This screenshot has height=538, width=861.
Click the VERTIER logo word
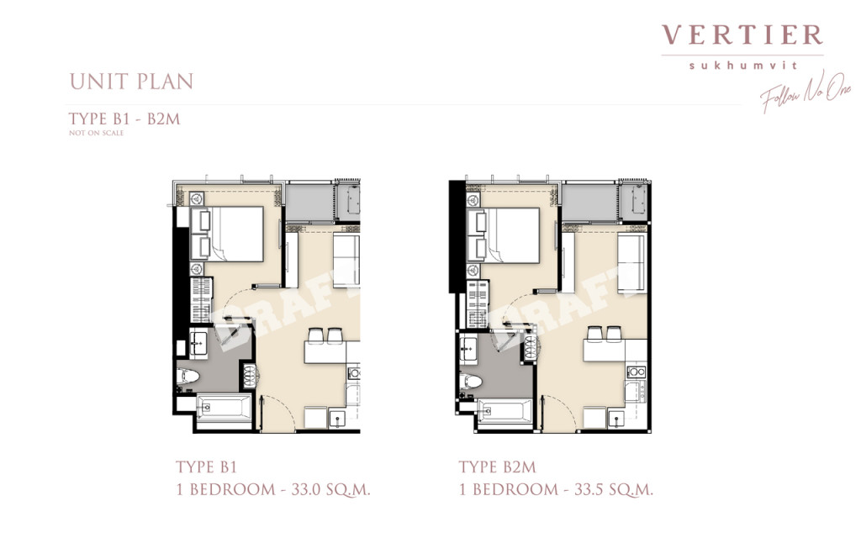(742, 35)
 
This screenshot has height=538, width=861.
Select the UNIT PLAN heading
(131, 82)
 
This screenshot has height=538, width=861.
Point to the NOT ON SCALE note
(96, 133)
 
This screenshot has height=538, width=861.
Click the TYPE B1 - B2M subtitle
(124, 119)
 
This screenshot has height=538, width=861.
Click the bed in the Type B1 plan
(237, 235)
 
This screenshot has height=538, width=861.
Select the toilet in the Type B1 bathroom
(187, 381)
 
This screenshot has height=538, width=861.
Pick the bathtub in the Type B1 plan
(224, 410)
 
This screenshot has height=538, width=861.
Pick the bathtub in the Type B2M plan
(504, 412)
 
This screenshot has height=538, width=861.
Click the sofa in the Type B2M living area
(631, 264)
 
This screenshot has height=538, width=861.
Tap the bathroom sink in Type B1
(198, 343)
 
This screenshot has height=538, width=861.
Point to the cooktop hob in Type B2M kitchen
(636, 371)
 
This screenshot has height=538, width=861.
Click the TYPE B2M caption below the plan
(497, 467)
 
